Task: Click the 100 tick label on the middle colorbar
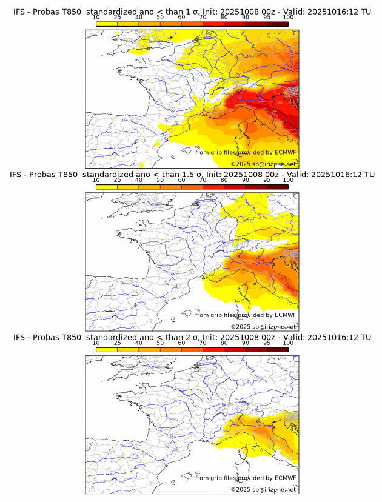[x=288, y=180]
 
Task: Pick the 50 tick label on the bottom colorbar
[x=160, y=343]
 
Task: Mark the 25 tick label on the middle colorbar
[x=118, y=180]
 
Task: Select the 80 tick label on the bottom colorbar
[x=224, y=343]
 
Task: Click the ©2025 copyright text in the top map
[x=264, y=164]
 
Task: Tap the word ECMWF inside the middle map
[x=285, y=315]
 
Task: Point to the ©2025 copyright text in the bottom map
[x=264, y=489]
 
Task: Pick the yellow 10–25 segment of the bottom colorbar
[x=107, y=349]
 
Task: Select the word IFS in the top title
[x=19, y=12]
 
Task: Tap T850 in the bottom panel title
[x=70, y=336]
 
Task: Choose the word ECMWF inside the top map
[x=285, y=152]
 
